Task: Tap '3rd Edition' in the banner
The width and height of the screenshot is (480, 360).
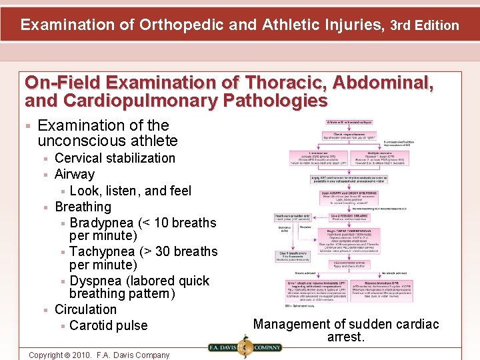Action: [x=424, y=26]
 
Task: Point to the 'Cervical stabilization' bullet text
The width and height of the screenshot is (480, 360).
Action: [x=115, y=158]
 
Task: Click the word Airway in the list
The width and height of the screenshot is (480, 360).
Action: [x=75, y=174]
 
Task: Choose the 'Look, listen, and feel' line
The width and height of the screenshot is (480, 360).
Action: [x=130, y=191]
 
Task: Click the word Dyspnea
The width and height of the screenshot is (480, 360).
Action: [x=95, y=281]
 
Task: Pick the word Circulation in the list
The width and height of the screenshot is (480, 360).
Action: [x=85, y=309]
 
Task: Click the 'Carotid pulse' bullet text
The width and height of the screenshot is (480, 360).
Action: [x=108, y=325]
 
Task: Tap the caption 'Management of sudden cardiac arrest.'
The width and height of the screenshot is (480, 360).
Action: [x=346, y=330]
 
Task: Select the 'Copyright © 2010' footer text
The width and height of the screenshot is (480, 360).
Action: [x=99, y=355]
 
